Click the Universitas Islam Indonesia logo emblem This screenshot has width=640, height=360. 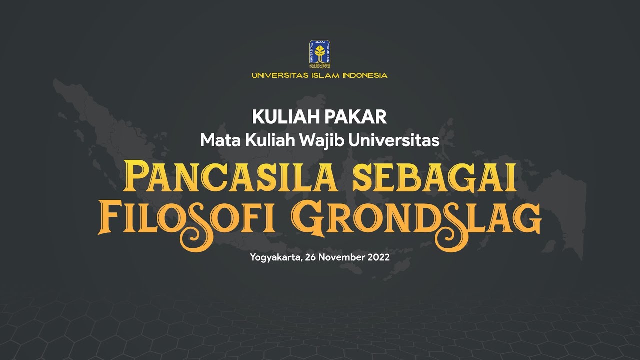(x=320, y=54)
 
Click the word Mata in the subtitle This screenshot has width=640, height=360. (x=220, y=140)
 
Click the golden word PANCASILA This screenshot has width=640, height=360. (x=235, y=177)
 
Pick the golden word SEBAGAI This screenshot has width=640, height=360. (x=435, y=177)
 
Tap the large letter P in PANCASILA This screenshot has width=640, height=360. (x=136, y=176)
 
